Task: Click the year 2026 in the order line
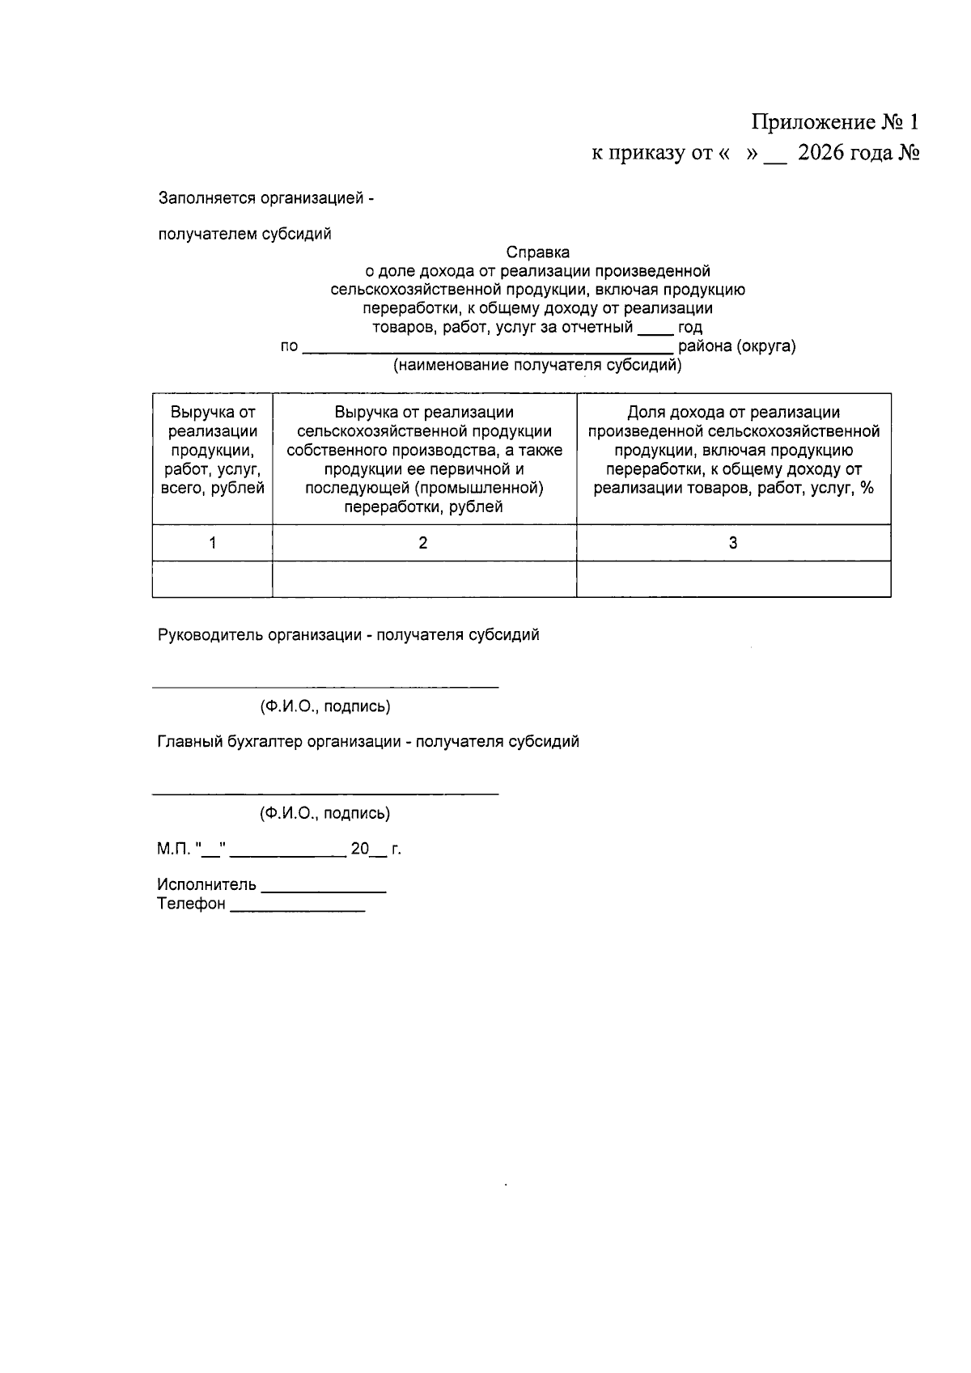820,153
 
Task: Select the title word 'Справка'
538,252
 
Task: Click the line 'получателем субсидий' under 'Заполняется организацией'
245,235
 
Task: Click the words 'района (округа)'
736,346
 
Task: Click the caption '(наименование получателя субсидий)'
537,366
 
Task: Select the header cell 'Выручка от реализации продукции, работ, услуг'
213,451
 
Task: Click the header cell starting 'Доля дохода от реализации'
733,451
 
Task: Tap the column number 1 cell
213,543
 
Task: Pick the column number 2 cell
423,543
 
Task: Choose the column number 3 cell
733,543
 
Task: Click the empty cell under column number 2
423,579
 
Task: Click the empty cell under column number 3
733,579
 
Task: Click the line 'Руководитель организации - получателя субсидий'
348,635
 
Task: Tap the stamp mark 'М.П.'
172,850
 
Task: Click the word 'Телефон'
191,905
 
